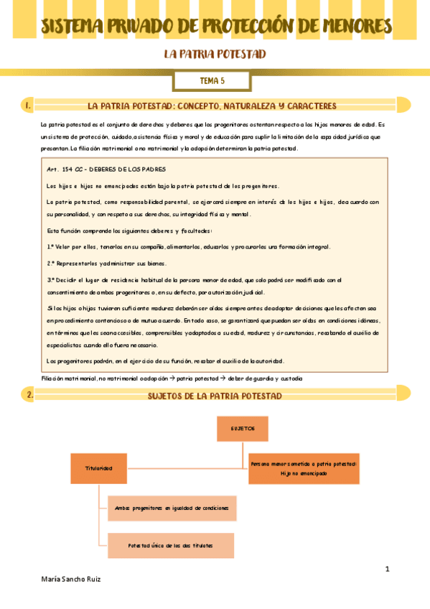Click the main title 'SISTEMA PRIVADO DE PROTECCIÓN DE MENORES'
point(215,27)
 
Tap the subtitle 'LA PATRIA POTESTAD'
point(215,55)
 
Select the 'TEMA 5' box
point(212,81)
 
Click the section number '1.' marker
point(27,106)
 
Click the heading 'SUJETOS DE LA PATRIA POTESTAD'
point(215,396)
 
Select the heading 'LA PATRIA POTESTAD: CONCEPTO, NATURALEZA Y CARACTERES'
point(212,106)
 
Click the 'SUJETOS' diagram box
point(243,428)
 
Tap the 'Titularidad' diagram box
point(98,468)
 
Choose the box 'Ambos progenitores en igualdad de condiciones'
point(171,508)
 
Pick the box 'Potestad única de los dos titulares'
point(171,546)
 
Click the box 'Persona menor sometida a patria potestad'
point(304,468)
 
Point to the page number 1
point(387,570)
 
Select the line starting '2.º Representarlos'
point(106,263)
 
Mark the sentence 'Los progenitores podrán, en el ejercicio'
point(165,360)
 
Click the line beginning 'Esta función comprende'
point(129,231)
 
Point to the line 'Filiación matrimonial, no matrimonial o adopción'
point(172,378)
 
